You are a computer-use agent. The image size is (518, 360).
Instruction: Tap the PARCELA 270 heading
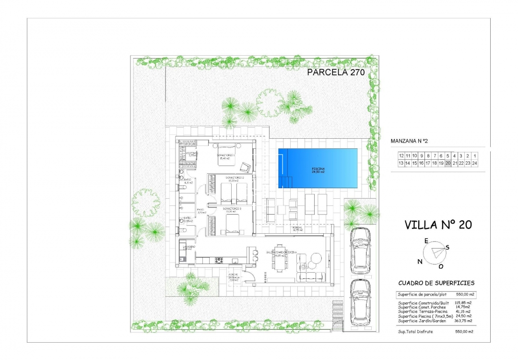click(x=336, y=73)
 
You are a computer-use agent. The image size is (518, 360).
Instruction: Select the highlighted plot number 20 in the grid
click(x=448, y=163)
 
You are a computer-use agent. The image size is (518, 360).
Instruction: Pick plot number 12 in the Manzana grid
click(x=401, y=156)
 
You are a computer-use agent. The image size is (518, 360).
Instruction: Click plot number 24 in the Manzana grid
click(x=474, y=163)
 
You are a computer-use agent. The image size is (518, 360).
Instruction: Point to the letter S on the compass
click(x=447, y=247)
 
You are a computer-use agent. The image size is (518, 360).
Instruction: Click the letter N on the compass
click(x=420, y=261)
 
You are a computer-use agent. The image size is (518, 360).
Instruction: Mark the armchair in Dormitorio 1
click(x=245, y=167)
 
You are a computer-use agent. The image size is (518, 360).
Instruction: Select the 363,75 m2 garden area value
click(x=463, y=321)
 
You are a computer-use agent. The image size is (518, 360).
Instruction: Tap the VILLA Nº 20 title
click(x=438, y=225)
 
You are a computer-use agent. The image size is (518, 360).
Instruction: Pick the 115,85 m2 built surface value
click(x=463, y=303)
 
